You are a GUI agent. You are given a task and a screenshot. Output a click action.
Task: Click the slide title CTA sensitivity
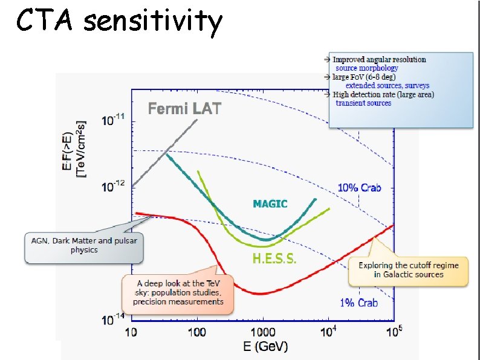pyautogui.click(x=119, y=22)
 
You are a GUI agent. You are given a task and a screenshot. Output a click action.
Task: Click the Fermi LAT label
pyautogui.click(x=184, y=109)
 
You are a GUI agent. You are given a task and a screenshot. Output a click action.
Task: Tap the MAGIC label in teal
pyautogui.click(x=270, y=204)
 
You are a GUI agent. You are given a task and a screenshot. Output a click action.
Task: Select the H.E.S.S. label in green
pyautogui.click(x=274, y=259)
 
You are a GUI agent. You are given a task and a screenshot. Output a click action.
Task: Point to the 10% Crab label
pyautogui.click(x=359, y=188)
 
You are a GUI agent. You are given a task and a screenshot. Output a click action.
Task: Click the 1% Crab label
pyautogui.click(x=359, y=302)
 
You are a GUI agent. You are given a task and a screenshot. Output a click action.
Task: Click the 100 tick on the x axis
pyautogui.click(x=196, y=332)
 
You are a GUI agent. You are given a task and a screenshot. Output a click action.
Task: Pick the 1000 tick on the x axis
pyautogui.click(x=262, y=332)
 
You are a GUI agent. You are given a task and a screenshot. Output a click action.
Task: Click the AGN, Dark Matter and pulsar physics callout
pyautogui.click(x=84, y=246)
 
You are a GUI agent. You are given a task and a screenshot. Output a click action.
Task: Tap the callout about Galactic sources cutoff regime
pyautogui.click(x=408, y=270)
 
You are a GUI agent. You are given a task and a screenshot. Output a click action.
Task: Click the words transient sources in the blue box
pyautogui.click(x=363, y=103)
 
